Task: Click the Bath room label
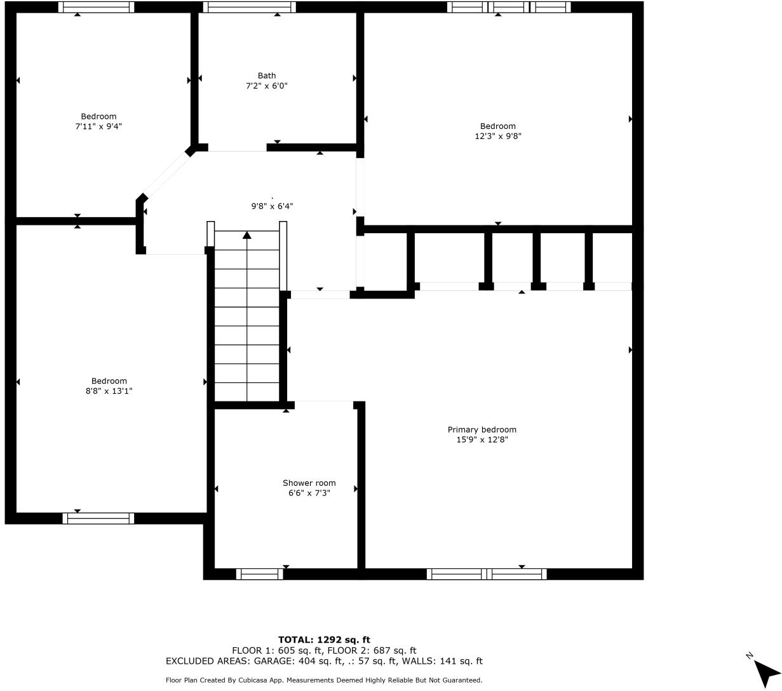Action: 267,76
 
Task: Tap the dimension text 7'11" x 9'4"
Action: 98,126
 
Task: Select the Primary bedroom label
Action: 482,429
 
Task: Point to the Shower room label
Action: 309,483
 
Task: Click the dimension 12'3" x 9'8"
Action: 498,136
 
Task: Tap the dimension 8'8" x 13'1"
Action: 109,391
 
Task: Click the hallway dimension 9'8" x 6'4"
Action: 272,206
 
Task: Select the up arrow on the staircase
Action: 247,236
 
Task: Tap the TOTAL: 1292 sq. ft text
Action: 324,640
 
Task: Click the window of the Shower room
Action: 260,574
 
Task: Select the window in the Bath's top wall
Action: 249,7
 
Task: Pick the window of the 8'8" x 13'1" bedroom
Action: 98,518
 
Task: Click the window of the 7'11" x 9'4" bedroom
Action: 96,7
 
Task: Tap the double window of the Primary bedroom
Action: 487,574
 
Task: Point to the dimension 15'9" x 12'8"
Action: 482,439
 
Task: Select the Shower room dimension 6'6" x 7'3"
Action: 309,493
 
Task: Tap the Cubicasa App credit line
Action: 324,680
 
